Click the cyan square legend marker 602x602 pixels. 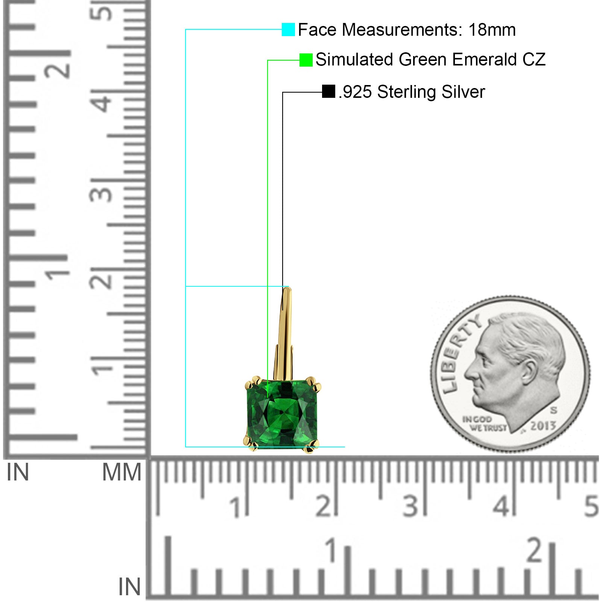click(x=288, y=29)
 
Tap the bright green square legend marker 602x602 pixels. click(x=306, y=60)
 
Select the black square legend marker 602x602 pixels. click(x=328, y=91)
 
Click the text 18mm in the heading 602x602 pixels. click(x=492, y=30)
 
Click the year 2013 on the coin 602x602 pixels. click(x=543, y=426)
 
